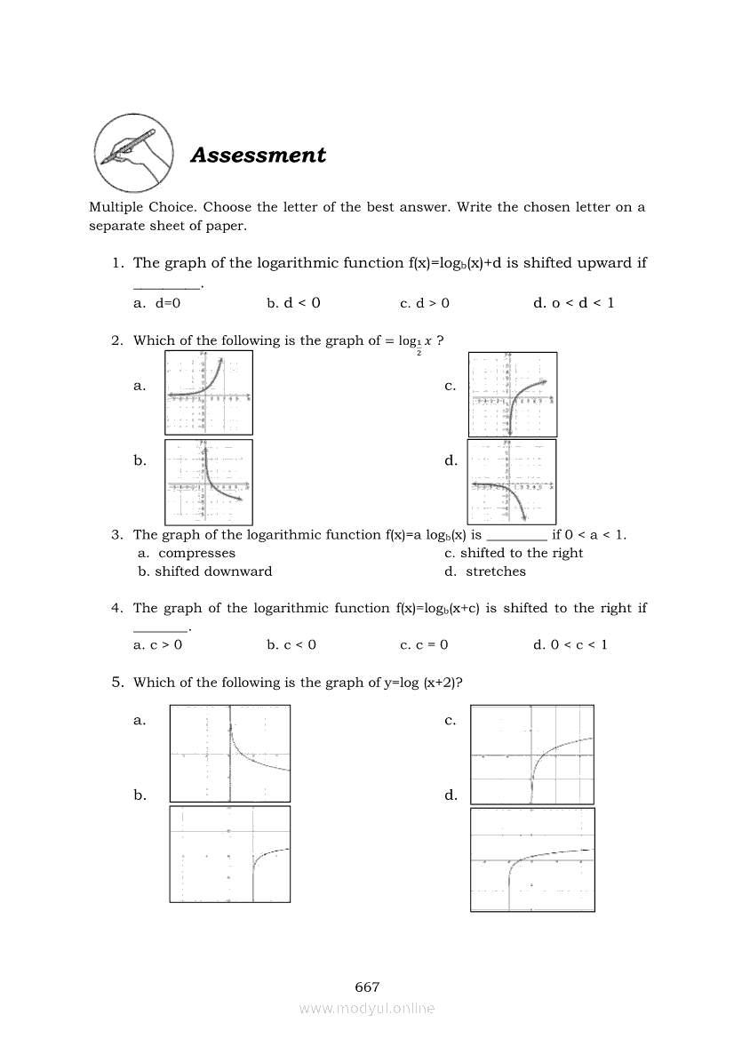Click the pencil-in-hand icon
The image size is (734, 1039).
(134, 153)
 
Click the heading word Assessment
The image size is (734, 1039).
(259, 155)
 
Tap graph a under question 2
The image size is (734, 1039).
(209, 392)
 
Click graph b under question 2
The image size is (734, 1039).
(209, 482)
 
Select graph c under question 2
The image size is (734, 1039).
(513, 394)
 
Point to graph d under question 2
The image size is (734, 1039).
(512, 482)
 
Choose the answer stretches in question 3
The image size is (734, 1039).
(495, 571)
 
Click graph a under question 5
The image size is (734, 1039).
(230, 753)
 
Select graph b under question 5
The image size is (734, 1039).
(230, 854)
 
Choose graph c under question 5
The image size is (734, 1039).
(532, 755)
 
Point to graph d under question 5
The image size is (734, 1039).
(532, 859)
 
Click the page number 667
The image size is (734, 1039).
(367, 987)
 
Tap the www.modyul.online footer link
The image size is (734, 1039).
(367, 1008)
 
